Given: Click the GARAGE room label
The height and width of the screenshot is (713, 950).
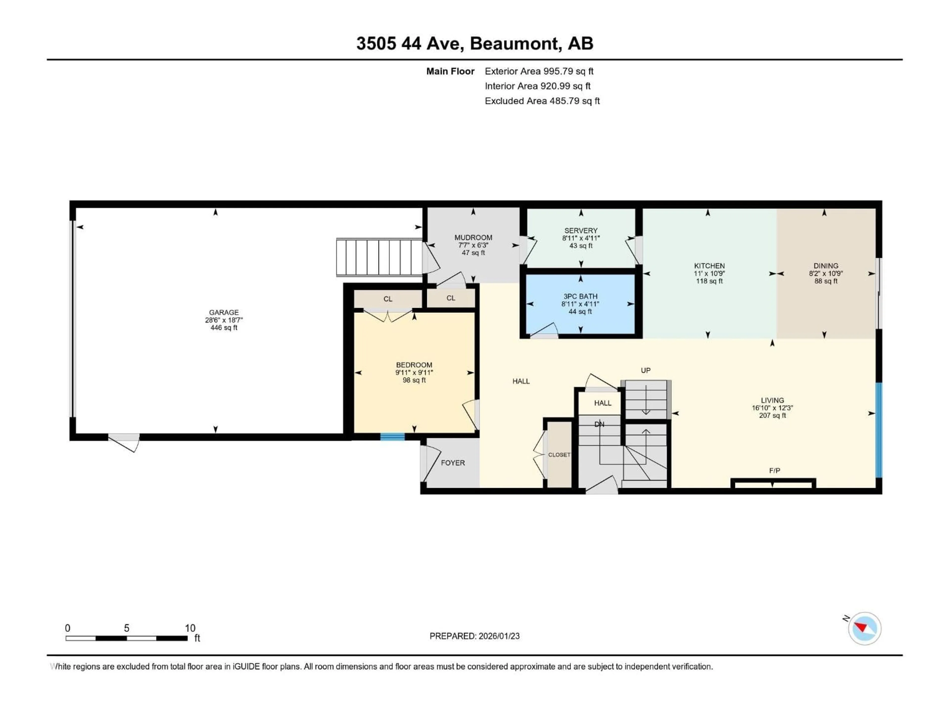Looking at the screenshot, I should point(224,312).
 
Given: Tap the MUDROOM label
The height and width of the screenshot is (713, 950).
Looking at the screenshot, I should point(473,238).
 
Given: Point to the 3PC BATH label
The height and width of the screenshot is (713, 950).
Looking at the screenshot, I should point(580,297).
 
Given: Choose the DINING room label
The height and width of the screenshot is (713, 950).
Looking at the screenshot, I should point(826,266).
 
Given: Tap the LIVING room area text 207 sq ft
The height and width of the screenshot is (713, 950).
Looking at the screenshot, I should point(772,416).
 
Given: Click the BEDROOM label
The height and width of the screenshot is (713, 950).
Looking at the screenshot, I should point(414,365).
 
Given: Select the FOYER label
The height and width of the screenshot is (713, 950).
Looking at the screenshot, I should point(453,463).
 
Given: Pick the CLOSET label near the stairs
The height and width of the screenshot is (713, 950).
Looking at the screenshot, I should point(559,455).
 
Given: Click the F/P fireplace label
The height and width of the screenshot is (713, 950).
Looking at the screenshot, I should point(774,471).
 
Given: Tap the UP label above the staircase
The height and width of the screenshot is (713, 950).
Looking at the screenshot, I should point(645,370).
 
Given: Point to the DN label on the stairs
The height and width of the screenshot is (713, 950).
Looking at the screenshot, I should point(599,424).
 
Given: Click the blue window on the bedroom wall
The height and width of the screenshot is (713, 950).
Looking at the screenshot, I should point(392,437).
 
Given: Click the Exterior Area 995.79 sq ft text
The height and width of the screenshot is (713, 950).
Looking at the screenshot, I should point(539,71).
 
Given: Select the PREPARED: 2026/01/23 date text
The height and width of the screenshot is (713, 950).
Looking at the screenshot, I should point(475,636).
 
